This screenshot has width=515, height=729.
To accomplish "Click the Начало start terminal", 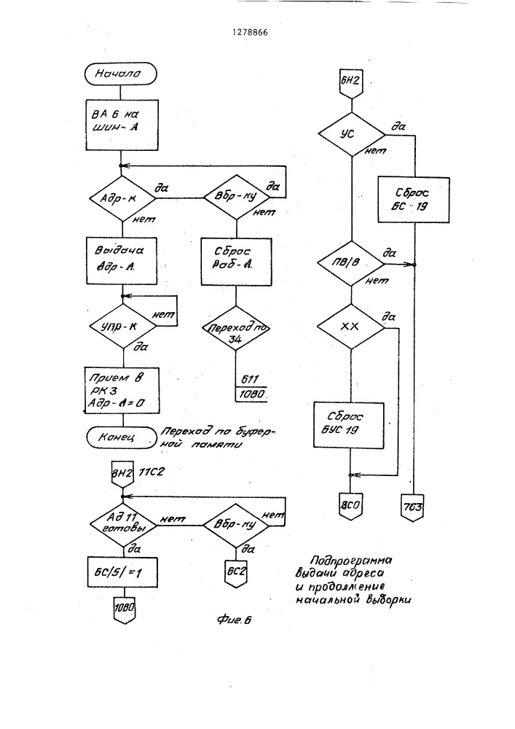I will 121,73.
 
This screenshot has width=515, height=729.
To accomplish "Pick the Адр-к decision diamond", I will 121,197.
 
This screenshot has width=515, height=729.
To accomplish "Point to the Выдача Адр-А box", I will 122,257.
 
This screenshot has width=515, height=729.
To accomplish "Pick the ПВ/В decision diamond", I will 351,263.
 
